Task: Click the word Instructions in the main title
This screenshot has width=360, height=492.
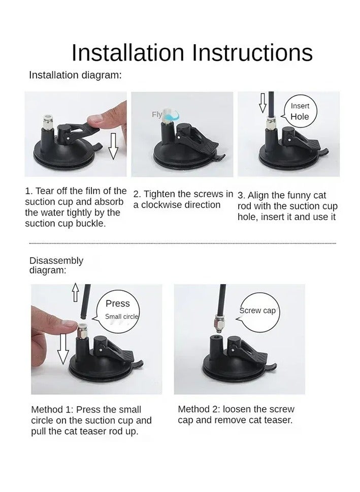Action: coord(252,52)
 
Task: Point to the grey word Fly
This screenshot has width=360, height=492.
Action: coord(157,114)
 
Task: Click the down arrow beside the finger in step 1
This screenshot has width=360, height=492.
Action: coord(113,146)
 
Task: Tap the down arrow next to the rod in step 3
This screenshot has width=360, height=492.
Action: coord(263,103)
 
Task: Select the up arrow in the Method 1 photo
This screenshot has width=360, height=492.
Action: coord(75,292)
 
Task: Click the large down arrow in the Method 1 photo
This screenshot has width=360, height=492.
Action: coord(63,349)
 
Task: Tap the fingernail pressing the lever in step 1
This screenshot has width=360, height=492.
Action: coord(94,118)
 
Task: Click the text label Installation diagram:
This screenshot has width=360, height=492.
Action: coord(75,75)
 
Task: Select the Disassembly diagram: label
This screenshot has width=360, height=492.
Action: coord(56,265)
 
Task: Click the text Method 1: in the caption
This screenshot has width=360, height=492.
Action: coord(52,410)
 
